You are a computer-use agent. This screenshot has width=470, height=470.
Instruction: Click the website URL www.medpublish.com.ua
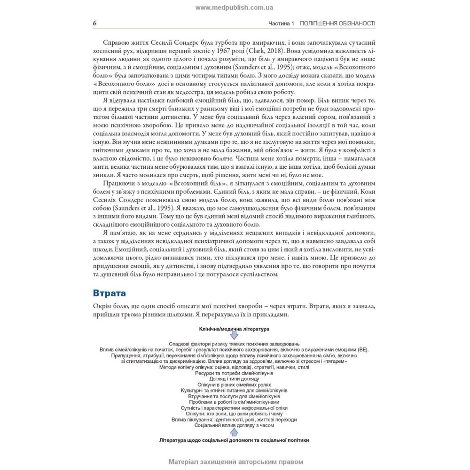[234, 8]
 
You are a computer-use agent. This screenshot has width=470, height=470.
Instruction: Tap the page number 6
[95, 23]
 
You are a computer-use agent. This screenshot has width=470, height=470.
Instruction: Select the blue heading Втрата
[110, 293]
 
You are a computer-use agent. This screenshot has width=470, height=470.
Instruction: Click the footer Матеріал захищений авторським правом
[234, 462]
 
